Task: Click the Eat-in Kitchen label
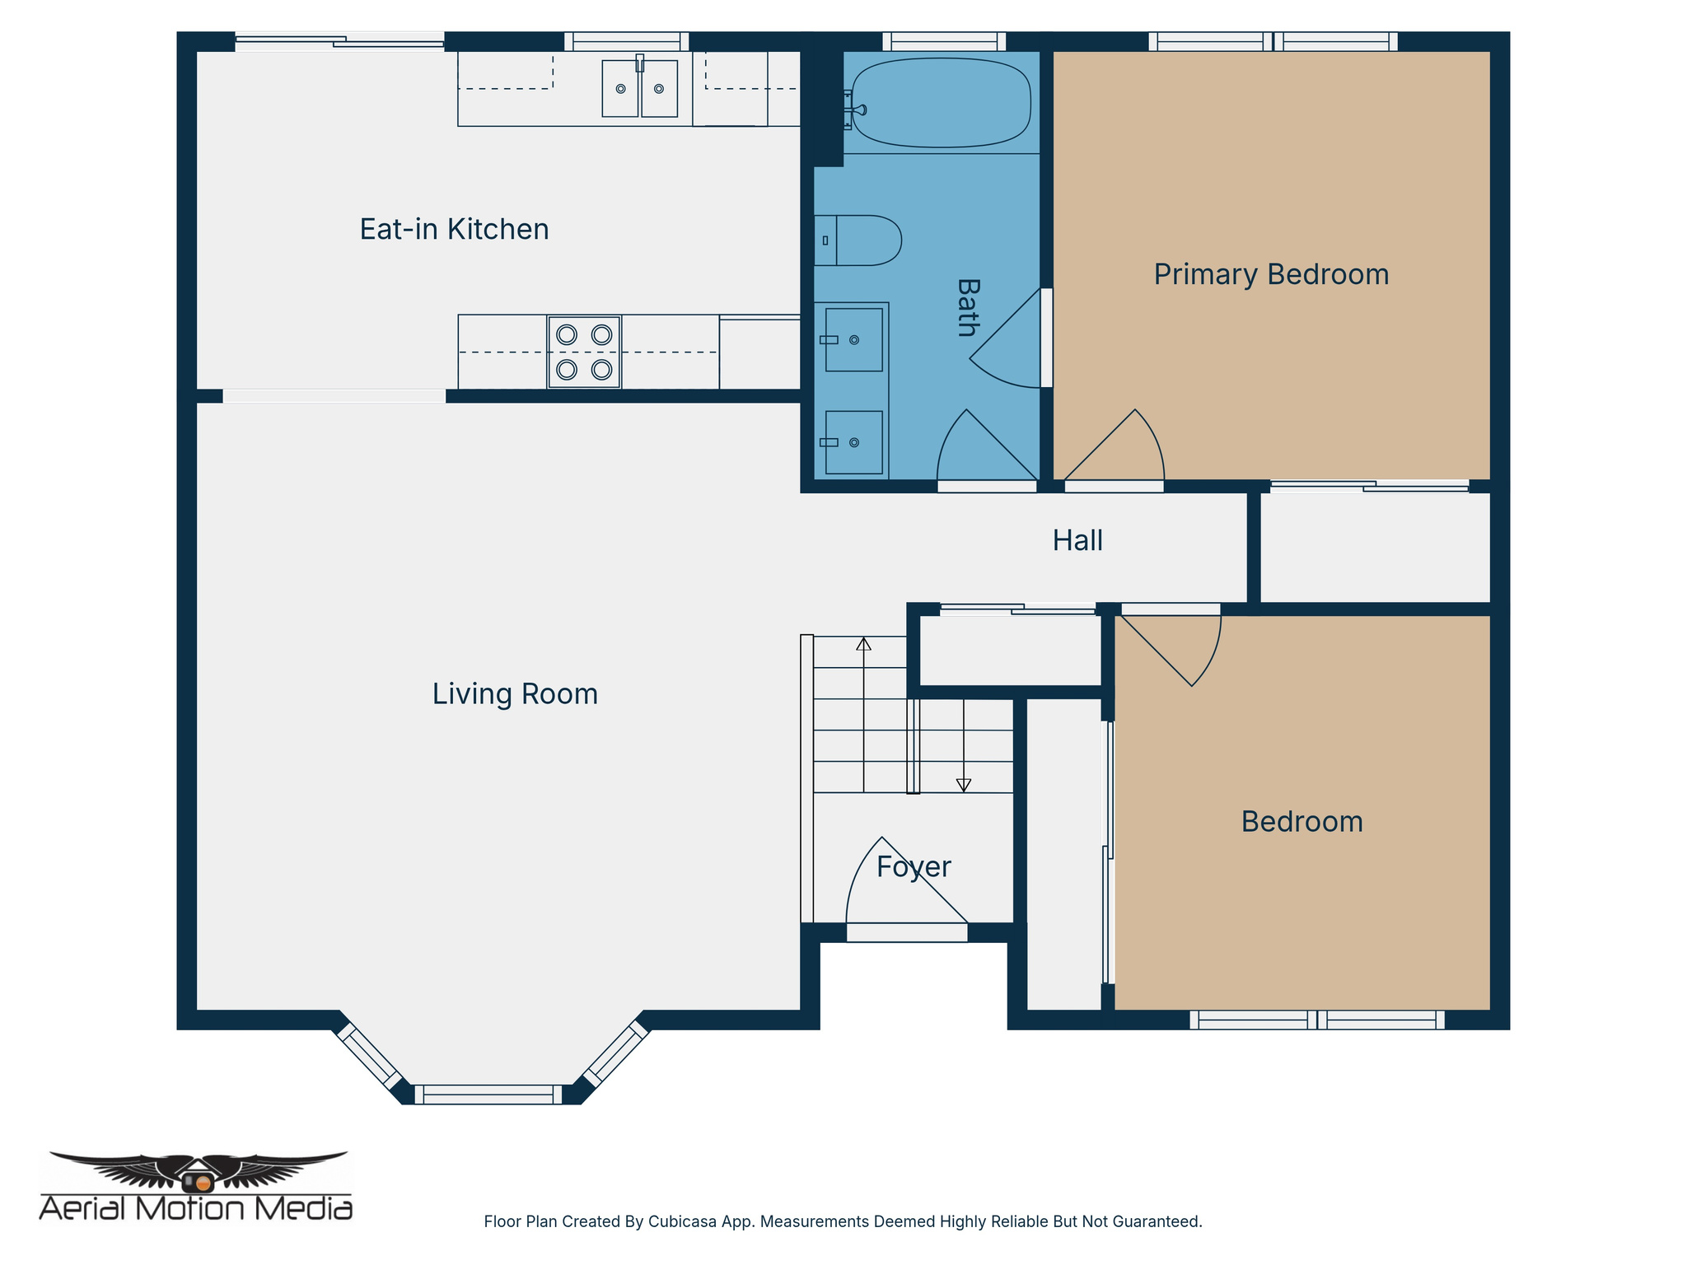click(x=454, y=229)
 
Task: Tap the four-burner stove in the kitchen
click(x=584, y=352)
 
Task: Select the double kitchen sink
click(x=639, y=88)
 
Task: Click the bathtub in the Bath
click(x=941, y=102)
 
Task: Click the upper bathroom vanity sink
click(x=853, y=339)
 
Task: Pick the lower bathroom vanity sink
click(x=853, y=442)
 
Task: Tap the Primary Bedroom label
click(x=1271, y=274)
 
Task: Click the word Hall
click(x=1077, y=540)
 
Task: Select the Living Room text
click(x=515, y=693)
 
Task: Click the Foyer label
click(x=914, y=866)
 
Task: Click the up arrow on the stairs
click(x=863, y=644)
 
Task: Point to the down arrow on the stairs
click(x=964, y=785)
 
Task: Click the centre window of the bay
click(x=488, y=1095)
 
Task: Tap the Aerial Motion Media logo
click(x=196, y=1186)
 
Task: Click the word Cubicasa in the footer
click(x=681, y=1221)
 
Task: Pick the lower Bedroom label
click(x=1301, y=821)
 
